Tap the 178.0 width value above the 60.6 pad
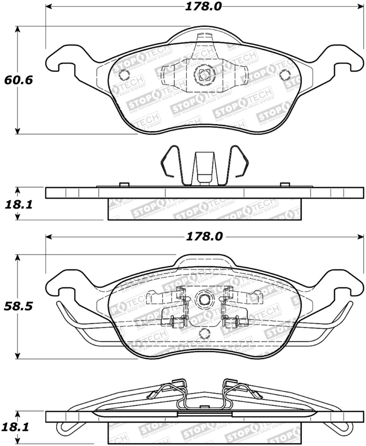[204, 6]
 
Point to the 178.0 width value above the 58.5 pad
[204, 236]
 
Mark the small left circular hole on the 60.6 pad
[123, 75]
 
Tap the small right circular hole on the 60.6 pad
[284, 75]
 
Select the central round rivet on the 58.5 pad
[204, 300]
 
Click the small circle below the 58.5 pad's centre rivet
[204, 334]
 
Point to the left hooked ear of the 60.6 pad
[57, 60]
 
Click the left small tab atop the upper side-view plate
[122, 184]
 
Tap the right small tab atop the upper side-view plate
[285, 184]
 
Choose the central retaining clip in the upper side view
[203, 168]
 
